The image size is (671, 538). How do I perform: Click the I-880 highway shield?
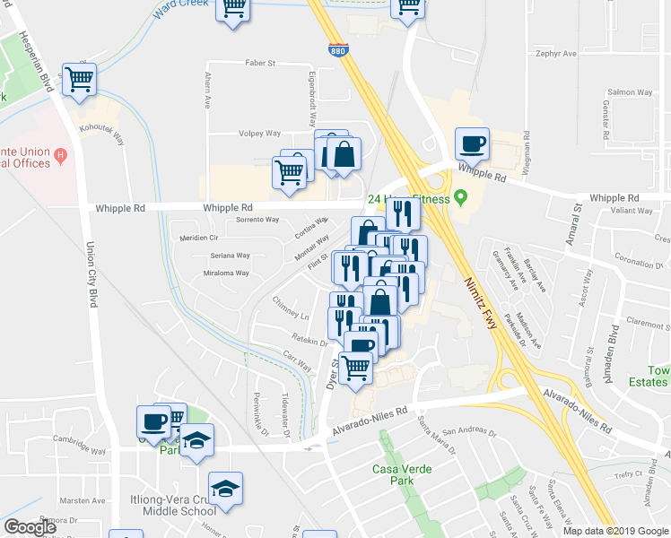click(338, 54)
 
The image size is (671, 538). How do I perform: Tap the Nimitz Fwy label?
click(481, 291)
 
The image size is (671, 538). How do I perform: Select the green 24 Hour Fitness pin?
click(461, 196)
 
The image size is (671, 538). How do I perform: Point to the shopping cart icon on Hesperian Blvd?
click(80, 79)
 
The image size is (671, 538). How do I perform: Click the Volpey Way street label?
click(259, 134)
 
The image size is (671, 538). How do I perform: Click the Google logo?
click(30, 527)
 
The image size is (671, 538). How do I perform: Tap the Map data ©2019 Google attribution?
click(615, 531)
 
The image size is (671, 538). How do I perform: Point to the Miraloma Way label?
click(226, 273)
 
